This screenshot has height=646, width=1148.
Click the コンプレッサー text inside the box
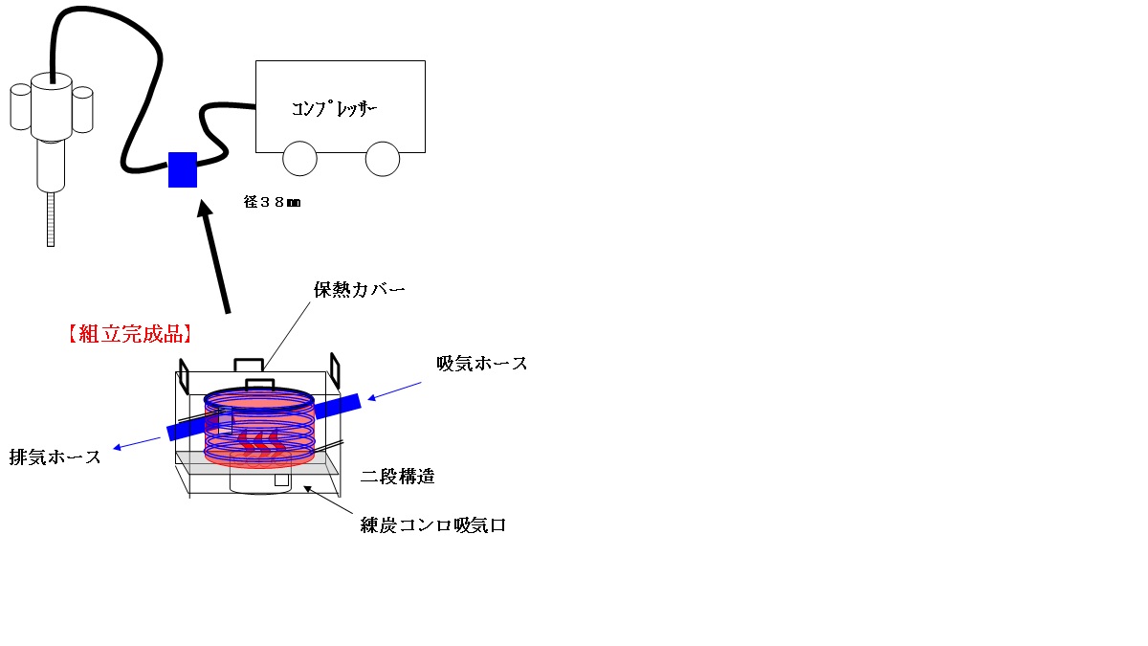tap(334, 109)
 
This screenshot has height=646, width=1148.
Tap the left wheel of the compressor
tap(299, 159)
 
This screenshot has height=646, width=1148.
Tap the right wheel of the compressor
tap(383, 159)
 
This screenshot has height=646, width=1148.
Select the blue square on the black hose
tap(183, 169)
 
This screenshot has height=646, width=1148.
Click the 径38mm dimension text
tap(272, 202)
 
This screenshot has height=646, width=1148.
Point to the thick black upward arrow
tap(213, 256)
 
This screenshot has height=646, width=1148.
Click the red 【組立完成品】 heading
tap(130, 334)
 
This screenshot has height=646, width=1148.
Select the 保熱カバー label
tap(360, 290)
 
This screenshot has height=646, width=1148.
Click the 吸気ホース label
tap(482, 364)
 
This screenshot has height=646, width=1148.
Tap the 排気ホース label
tap(55, 457)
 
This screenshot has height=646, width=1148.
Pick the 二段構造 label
tap(398, 477)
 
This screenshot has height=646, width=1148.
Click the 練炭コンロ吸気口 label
tap(433, 525)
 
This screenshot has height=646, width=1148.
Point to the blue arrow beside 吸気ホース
tap(394, 390)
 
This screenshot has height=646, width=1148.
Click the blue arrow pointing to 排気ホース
tap(137, 443)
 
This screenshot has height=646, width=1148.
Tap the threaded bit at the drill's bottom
tap(51, 219)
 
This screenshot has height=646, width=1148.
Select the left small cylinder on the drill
tap(20, 106)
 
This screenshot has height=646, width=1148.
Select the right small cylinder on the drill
tap(82, 110)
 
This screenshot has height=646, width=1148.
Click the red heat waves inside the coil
tap(260, 442)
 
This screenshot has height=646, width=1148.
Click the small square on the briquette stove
tap(281, 480)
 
